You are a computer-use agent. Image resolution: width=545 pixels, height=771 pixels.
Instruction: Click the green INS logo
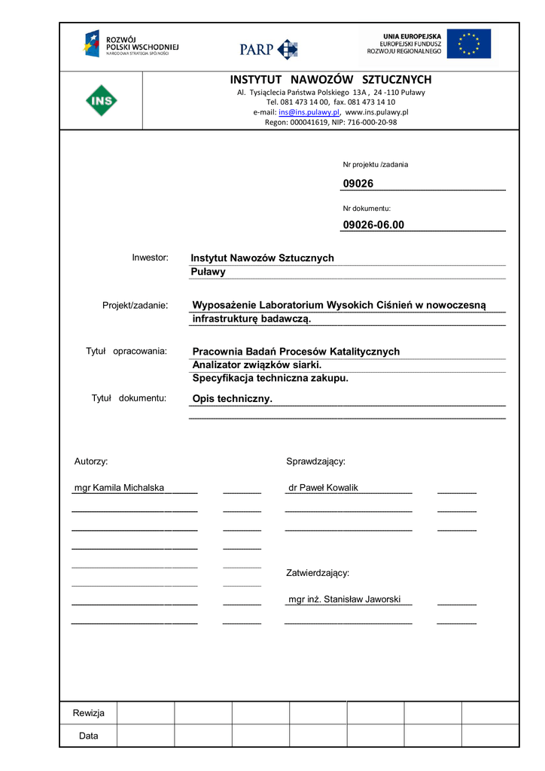[101, 100]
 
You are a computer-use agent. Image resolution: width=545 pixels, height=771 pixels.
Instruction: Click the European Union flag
[468, 44]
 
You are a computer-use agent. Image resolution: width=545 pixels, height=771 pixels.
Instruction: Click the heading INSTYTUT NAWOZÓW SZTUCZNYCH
[330, 80]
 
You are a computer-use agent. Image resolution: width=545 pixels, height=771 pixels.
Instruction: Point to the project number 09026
[358, 184]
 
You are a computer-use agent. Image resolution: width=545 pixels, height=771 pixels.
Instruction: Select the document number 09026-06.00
[373, 224]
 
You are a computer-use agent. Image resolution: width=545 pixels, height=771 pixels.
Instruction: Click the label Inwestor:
[150, 258]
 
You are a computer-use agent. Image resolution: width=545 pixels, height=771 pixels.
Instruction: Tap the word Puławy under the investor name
[208, 272]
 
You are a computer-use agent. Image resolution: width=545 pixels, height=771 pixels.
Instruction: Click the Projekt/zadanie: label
[135, 305]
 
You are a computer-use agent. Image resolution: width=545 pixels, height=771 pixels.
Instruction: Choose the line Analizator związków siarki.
[257, 365]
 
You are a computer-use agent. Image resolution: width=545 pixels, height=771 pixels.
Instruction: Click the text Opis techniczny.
[232, 399]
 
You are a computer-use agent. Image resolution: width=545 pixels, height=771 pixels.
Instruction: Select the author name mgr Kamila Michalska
[119, 488]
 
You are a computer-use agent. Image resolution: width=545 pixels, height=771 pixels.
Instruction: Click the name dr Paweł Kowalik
[323, 488]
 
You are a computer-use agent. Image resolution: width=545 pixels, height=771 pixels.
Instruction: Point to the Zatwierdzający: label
[318, 573]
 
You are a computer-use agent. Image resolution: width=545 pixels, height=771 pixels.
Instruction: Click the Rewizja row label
[89, 713]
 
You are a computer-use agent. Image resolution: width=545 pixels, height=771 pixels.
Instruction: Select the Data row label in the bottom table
[89, 736]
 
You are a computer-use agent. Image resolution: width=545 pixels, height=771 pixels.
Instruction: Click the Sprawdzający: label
[315, 461]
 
